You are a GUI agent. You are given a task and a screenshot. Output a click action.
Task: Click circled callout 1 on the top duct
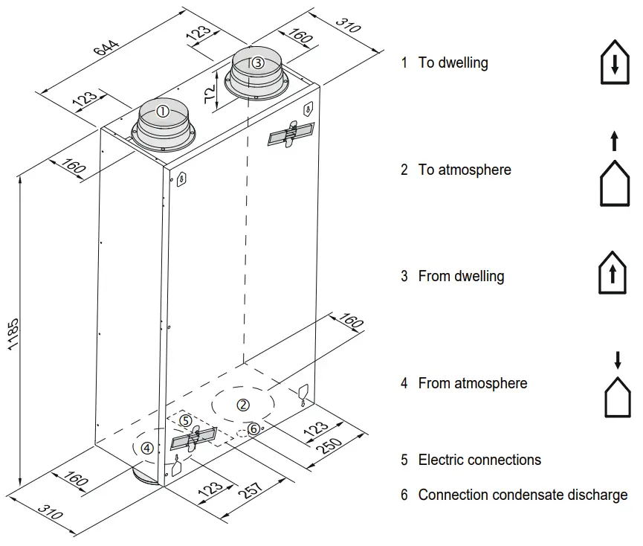(162, 112)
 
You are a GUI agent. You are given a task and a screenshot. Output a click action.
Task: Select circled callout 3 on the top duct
(257, 62)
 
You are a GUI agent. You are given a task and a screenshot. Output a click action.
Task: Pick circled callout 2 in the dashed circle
(242, 405)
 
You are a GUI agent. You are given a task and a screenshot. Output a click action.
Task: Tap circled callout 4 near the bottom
(147, 448)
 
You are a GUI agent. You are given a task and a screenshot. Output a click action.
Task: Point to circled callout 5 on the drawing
(186, 420)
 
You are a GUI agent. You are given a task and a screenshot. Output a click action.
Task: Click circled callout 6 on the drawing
(253, 428)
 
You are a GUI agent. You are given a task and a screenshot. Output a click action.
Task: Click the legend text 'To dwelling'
(453, 62)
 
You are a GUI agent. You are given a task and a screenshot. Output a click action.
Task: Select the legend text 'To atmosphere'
(465, 170)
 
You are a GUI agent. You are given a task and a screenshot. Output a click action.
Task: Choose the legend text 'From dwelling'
(461, 276)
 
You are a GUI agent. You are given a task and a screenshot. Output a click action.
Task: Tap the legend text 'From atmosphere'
(473, 383)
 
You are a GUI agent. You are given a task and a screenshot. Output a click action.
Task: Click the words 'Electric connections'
(479, 460)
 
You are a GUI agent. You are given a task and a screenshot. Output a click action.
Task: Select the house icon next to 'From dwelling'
(613, 274)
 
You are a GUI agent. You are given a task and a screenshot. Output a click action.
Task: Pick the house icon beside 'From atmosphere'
(617, 397)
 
